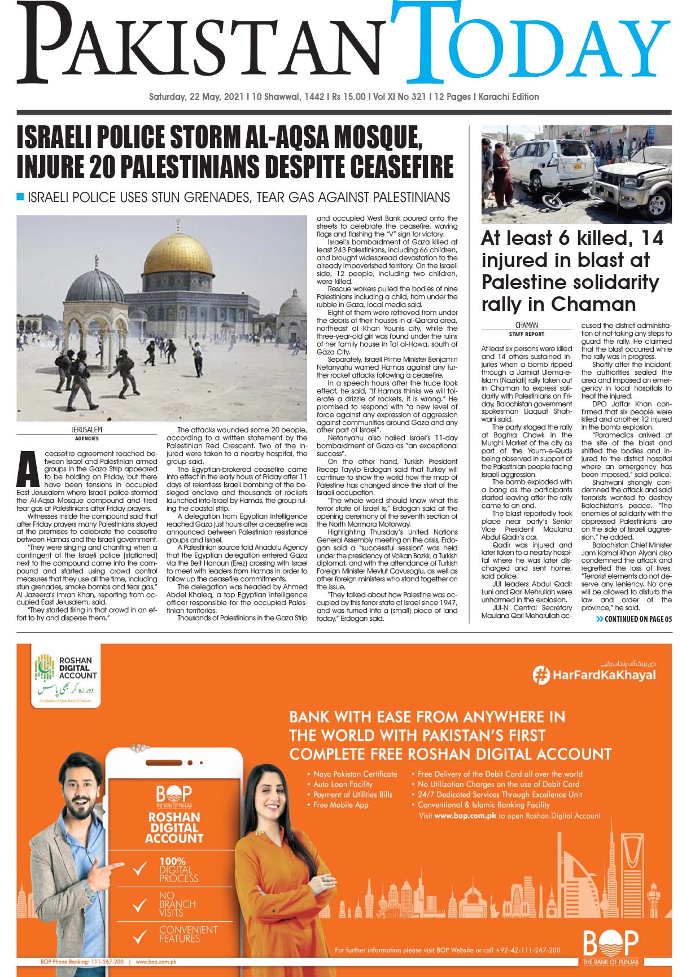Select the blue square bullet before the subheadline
(21, 197)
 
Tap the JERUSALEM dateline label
(86, 430)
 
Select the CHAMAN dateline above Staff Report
(526, 325)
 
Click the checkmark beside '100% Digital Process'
(139, 870)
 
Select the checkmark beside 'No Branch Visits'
(139, 905)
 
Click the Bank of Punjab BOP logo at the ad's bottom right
(610, 946)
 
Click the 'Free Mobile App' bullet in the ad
(340, 805)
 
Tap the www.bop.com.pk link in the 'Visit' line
(465, 816)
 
